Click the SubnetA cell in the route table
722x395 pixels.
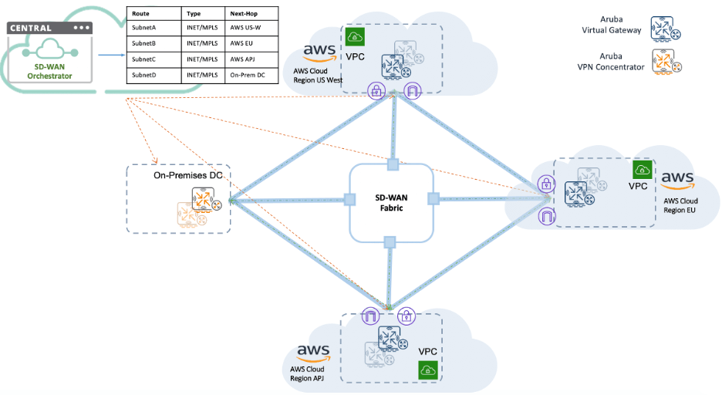144,28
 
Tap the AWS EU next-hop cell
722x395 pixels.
242,43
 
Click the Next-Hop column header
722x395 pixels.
243,14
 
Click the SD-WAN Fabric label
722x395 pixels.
390,201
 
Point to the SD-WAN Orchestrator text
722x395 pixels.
49,72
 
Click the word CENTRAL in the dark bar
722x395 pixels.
30,28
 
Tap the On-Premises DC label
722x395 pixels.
187,176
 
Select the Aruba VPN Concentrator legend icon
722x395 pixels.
666,62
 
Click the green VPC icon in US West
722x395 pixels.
355,36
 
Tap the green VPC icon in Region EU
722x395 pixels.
643,170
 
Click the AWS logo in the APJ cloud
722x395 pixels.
313,352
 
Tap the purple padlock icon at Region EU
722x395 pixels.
545,184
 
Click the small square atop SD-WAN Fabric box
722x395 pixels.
392,164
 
